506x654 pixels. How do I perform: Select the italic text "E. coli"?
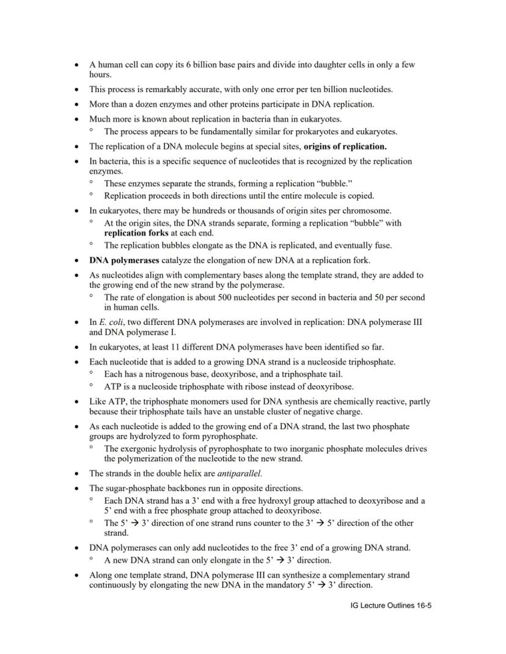(111, 322)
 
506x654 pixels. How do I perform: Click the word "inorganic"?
(320, 449)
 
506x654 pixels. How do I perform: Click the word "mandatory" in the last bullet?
(287, 584)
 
